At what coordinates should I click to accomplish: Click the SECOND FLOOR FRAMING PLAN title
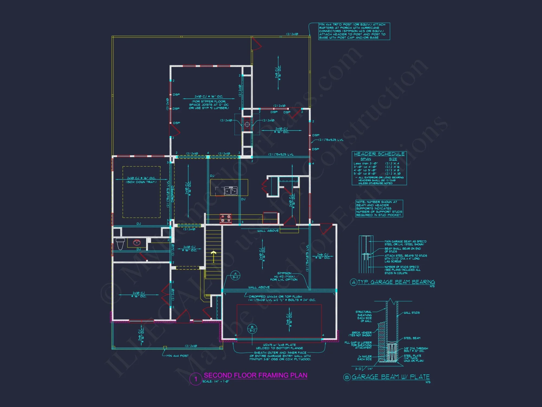pos(255,375)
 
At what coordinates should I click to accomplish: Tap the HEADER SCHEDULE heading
pos(379,154)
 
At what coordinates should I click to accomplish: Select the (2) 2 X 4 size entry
pos(392,164)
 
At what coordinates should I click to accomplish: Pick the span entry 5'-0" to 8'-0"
pos(365,174)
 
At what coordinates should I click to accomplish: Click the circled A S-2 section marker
pos(235,275)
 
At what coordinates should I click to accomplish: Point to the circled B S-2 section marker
pos(252,329)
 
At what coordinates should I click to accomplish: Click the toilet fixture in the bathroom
pos(120,243)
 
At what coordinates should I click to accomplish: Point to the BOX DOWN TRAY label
pos(141,182)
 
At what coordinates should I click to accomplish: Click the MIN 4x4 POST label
pos(178,356)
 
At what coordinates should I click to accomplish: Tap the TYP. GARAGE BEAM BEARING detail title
pos(396,282)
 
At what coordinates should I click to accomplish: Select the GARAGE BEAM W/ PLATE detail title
pos(391,377)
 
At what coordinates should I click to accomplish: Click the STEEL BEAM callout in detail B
pos(412,338)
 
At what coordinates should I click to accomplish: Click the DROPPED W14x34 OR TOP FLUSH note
pos(275,297)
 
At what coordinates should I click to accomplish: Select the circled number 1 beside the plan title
pos(196,379)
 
